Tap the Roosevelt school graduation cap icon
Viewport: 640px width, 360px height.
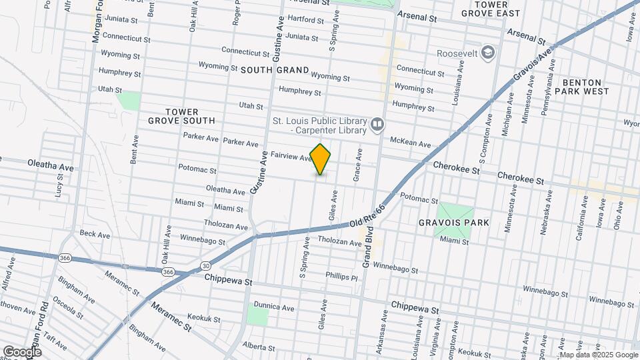489,53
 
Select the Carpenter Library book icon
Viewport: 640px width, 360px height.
377,125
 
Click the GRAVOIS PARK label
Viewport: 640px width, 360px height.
454,223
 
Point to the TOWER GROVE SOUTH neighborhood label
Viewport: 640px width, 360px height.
181,116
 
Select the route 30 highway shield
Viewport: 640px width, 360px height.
205,266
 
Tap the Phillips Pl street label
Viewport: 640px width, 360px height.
342,275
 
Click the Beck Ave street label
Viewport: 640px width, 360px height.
95,235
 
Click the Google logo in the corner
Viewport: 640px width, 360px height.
22,351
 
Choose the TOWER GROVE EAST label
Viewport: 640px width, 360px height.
498,9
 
